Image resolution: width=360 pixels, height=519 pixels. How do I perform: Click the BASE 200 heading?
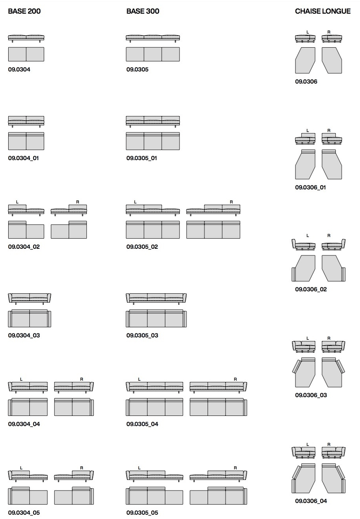[x=24, y=11]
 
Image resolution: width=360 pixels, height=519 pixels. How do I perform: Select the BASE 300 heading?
[x=143, y=11]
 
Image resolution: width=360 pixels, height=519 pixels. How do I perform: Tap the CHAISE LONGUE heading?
[x=322, y=11]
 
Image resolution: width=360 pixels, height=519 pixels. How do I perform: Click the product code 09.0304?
[x=19, y=70]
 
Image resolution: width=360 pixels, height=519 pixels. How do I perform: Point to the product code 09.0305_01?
[x=142, y=158]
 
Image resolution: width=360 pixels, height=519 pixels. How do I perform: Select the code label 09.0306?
[x=306, y=82]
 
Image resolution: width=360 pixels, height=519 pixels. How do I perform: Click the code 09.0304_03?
[x=24, y=335]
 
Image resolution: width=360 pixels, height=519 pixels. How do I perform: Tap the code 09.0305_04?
[x=142, y=424]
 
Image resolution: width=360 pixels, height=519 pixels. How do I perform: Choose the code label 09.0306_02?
[x=311, y=289]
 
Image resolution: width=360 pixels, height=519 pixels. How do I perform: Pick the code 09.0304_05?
[x=24, y=513]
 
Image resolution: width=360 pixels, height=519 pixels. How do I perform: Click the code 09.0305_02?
[x=142, y=247]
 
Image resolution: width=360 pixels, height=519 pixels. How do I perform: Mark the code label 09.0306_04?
[x=311, y=501]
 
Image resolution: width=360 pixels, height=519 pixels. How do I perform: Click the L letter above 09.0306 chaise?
[x=308, y=32]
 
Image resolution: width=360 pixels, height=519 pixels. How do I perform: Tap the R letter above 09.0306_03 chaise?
[x=329, y=338]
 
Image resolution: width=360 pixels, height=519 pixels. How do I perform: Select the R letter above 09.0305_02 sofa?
[x=231, y=202]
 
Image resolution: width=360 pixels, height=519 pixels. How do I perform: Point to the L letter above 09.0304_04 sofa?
[x=21, y=379]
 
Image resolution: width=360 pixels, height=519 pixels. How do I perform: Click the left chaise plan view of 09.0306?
[x=305, y=60]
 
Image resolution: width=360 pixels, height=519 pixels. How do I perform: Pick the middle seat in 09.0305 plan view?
[x=152, y=54]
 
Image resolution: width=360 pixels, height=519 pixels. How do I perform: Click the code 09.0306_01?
[x=310, y=187]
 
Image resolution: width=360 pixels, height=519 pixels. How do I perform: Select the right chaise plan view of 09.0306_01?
[x=332, y=164]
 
